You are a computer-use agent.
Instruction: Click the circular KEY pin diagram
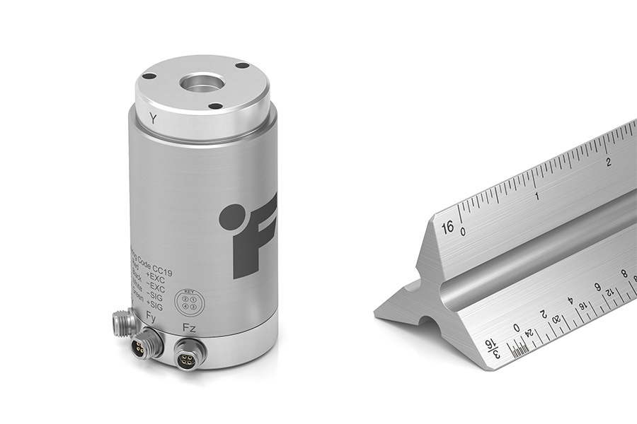point(188,302)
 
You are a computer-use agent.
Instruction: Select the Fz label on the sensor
point(189,328)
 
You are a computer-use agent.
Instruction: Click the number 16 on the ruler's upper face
point(447,228)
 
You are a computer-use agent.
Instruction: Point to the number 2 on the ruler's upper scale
point(609,162)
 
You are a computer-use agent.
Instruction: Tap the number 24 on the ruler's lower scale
point(529,334)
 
